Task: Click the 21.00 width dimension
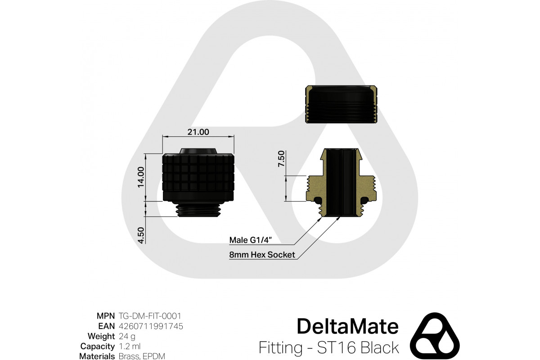(198, 132)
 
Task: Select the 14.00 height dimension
(140, 177)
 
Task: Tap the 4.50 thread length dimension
(140, 235)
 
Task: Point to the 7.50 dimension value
(281, 159)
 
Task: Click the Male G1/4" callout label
(251, 240)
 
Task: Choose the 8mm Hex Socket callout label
(262, 255)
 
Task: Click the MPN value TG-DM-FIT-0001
(150, 316)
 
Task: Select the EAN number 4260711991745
(151, 326)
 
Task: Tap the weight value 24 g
(127, 336)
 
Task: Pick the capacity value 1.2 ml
(130, 346)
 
